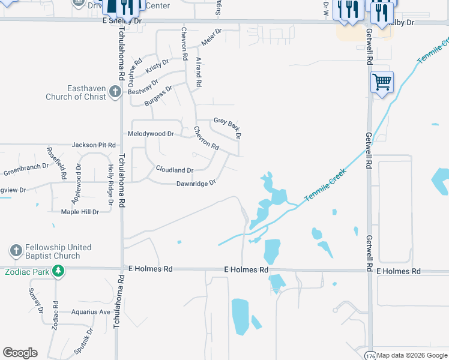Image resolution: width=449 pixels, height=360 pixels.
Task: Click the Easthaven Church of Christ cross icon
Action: coord(116,92)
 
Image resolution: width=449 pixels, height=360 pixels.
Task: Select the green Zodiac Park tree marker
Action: coord(58,271)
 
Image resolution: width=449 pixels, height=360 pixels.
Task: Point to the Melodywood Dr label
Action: coord(151,134)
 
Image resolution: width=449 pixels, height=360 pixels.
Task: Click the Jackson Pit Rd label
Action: coord(94,145)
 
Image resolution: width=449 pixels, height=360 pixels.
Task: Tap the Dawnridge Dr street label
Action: coord(196,184)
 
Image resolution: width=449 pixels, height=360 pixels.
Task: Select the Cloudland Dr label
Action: coord(174,170)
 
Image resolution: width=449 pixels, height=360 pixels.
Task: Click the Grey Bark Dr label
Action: coord(228,127)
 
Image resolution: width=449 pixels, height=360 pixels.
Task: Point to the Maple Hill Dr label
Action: coord(80,212)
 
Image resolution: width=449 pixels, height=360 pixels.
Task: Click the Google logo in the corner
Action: coord(20,353)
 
